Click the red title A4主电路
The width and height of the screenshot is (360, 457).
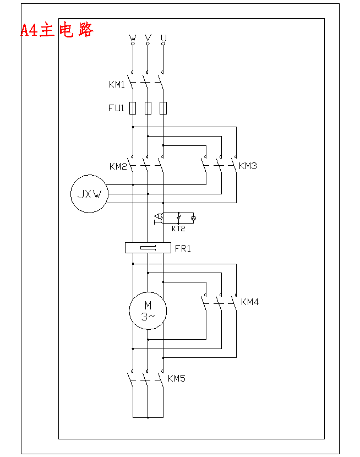click(x=57, y=30)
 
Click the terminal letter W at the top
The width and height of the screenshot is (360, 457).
click(x=133, y=37)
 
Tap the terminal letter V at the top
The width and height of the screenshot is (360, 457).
click(x=148, y=37)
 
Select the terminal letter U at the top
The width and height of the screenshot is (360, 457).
click(x=163, y=37)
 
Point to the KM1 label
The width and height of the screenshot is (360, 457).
click(x=117, y=85)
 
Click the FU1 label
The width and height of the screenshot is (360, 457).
click(x=116, y=108)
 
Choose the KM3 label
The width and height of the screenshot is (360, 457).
click(x=248, y=166)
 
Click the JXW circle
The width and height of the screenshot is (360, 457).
click(x=89, y=194)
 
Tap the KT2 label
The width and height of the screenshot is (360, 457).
click(x=178, y=228)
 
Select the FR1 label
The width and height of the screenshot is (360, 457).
click(x=183, y=248)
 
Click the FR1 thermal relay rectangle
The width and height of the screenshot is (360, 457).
click(x=148, y=248)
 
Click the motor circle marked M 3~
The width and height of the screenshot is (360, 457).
click(x=148, y=311)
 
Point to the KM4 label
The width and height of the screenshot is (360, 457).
click(x=250, y=302)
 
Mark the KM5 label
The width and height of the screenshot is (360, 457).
click(x=177, y=378)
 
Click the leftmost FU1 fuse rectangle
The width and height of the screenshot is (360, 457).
click(x=133, y=108)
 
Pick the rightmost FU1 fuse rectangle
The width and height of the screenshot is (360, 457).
click(x=163, y=108)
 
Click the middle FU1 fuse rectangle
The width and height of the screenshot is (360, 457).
click(x=148, y=108)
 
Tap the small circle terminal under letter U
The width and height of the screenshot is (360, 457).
click(x=163, y=44)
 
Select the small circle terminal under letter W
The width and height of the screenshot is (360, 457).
click(x=133, y=44)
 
